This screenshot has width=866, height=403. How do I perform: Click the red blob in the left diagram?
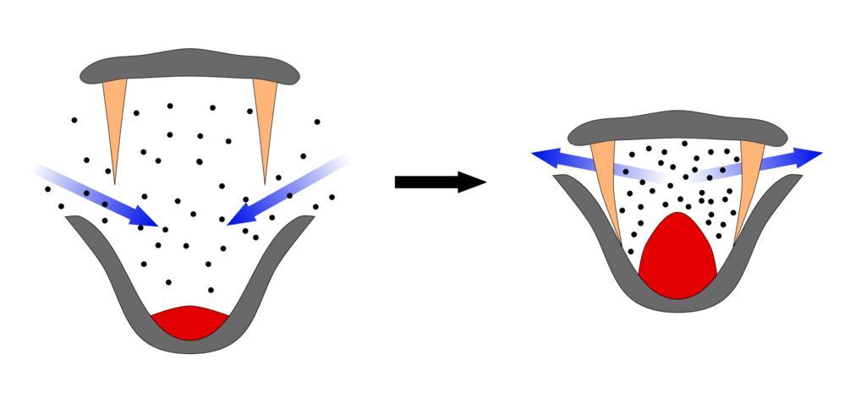pos(190,321)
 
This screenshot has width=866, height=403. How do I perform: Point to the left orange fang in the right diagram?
pos(607,182)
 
